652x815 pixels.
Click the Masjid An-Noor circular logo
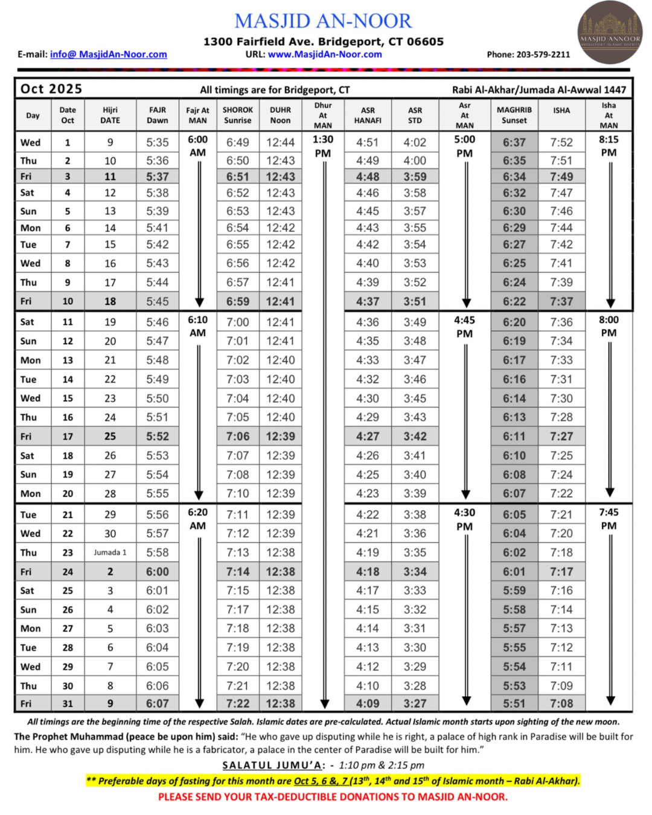610,33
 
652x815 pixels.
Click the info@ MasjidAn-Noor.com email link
109,54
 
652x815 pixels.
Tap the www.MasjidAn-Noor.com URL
325,54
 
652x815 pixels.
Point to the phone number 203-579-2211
543,54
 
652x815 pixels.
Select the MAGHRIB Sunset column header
514,115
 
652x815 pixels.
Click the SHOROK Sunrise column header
237,115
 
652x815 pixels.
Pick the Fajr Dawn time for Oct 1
158,142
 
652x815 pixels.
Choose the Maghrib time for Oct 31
514,703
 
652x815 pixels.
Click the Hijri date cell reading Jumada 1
110,552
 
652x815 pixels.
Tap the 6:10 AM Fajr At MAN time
197,326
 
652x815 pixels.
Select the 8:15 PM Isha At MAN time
609,145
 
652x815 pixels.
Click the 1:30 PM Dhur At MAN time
323,145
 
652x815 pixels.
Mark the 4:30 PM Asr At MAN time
464,519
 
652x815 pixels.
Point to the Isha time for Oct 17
561,436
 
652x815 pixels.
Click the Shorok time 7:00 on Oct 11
237,322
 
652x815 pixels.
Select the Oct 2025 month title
51,89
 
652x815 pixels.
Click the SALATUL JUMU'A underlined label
273,765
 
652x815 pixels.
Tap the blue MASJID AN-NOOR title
323,21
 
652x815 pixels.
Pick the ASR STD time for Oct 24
415,571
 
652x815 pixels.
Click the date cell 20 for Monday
68,493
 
